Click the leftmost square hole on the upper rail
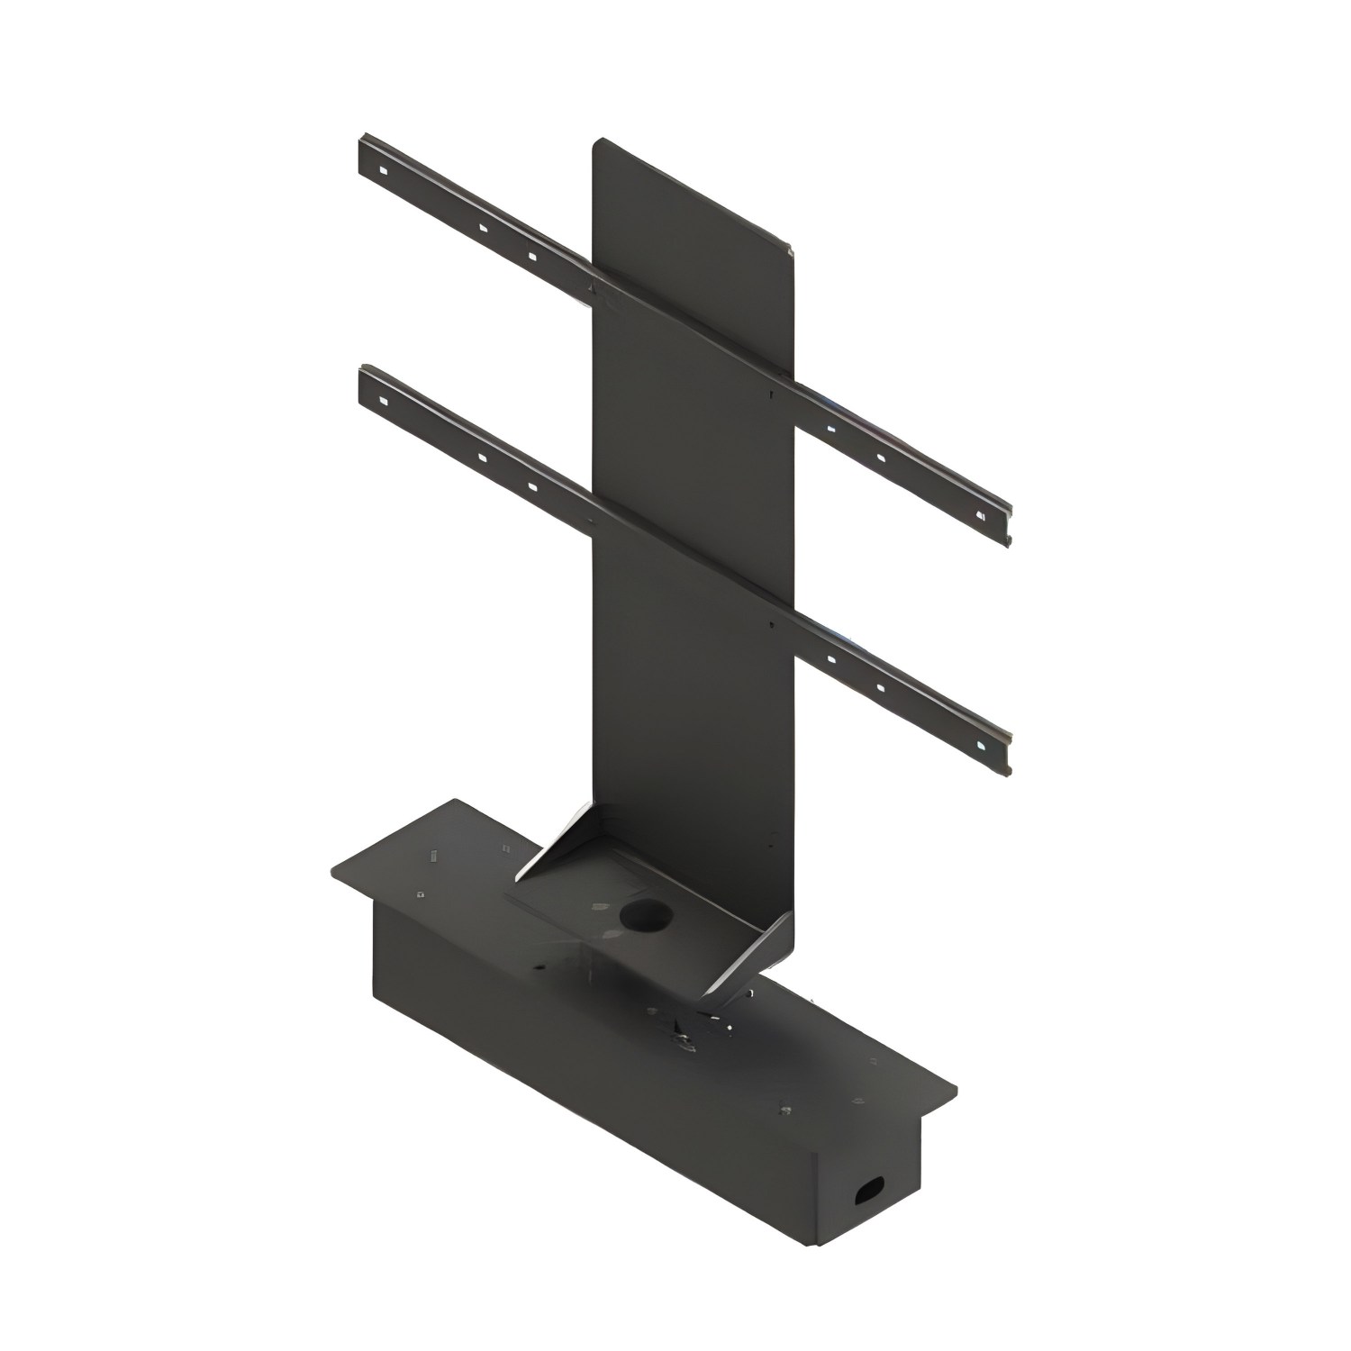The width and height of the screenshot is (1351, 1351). pos(382,169)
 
